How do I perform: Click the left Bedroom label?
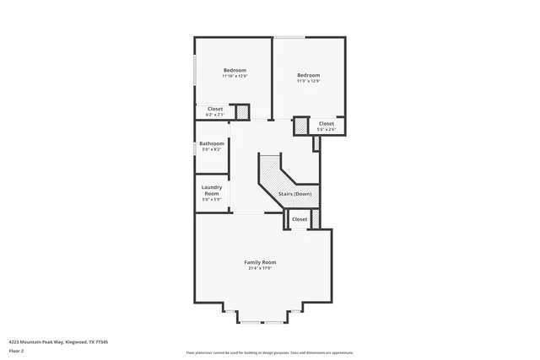(235, 69)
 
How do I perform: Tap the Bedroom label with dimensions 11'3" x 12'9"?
(308, 75)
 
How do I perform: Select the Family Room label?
(260, 262)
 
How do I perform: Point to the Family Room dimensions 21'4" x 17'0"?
(260, 268)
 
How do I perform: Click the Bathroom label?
(211, 143)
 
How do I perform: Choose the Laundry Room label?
(211, 190)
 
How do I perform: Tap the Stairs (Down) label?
(295, 194)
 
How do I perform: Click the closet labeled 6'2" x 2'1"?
(215, 109)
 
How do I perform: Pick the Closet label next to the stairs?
(300, 219)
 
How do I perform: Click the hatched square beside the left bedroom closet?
(242, 111)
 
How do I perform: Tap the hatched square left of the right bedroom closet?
(300, 126)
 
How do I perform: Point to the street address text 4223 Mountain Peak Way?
(58, 341)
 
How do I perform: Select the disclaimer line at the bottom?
(270, 352)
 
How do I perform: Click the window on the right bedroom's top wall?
(289, 36)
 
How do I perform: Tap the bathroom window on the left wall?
(195, 146)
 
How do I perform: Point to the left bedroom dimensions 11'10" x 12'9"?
(235, 76)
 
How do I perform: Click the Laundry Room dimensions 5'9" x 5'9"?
(211, 200)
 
